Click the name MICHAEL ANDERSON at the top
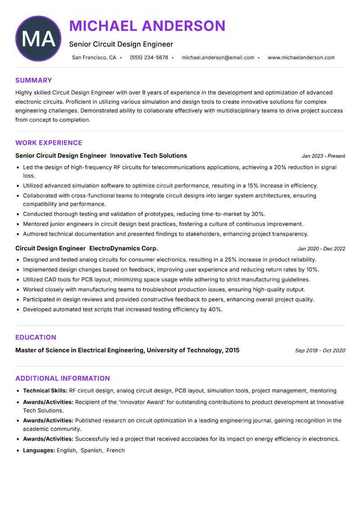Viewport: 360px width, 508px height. tap(147, 26)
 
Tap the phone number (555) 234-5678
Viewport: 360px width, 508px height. tap(148, 58)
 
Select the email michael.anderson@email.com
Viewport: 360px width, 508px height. tap(218, 58)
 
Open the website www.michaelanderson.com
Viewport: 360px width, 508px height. tap(301, 58)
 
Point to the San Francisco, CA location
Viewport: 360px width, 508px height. tap(94, 58)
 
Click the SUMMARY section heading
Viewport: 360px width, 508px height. tap(34, 80)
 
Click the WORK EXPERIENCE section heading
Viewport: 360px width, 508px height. tap(49, 143)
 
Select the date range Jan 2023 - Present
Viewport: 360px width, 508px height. tap(323, 156)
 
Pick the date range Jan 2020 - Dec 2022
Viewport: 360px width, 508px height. tap(321, 249)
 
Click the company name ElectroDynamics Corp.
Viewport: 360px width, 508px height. tap(124, 248)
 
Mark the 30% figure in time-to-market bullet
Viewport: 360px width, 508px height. tap(258, 214)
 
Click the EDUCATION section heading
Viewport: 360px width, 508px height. tap(36, 337)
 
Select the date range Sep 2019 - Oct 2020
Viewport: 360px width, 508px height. tap(320, 351)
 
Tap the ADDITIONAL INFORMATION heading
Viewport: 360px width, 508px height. tap(63, 379)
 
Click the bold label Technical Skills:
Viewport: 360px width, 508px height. tap(45, 391)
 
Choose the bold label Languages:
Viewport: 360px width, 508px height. tap(39, 450)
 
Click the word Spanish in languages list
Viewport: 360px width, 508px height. tap(91, 450)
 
